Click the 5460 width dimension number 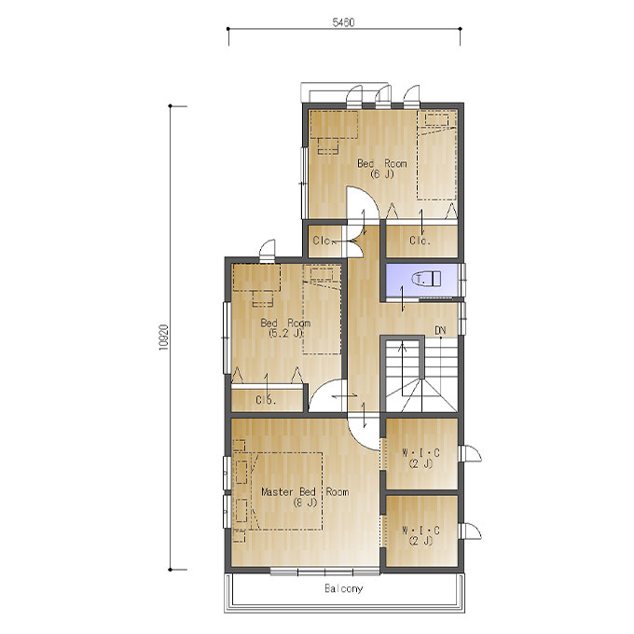click(343, 22)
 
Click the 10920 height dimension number click(164, 337)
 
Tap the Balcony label click(344, 588)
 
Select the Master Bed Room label click(305, 497)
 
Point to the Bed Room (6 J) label click(381, 169)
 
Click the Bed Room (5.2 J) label click(285, 328)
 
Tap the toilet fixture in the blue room click(427, 278)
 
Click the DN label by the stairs click(440, 330)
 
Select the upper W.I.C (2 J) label click(420, 458)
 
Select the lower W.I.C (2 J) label click(420, 535)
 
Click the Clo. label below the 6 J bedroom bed click(420, 241)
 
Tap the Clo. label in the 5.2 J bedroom click(266, 400)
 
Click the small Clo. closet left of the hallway click(324, 241)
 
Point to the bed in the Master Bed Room click(286, 490)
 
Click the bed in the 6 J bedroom click(437, 155)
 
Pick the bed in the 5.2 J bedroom click(323, 310)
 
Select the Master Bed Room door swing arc click(358, 440)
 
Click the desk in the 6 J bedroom click(334, 125)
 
